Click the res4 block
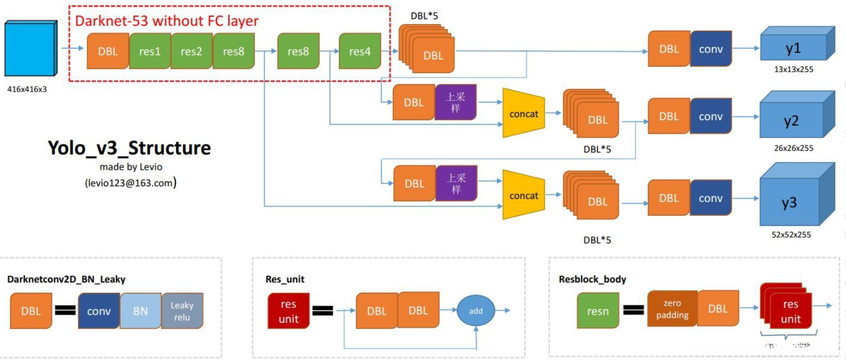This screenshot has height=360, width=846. click(360, 51)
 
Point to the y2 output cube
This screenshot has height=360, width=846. click(791, 121)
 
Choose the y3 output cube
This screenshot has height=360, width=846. click(790, 202)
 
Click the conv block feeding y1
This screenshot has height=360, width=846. click(710, 49)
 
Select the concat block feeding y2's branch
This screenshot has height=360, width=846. click(524, 114)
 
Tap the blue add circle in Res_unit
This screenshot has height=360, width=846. click(476, 310)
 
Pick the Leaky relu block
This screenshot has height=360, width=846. click(182, 311)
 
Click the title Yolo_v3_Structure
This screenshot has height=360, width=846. click(128, 149)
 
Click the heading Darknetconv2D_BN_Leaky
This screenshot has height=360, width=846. click(66, 279)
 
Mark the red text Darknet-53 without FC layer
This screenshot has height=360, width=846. click(167, 21)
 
